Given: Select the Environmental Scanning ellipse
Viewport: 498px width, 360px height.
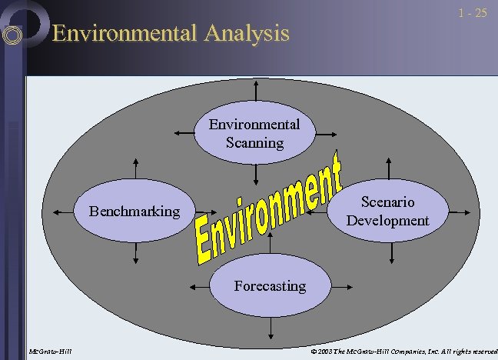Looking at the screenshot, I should pos(254,133).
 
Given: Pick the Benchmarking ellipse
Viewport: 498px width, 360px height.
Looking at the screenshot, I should pos(134,211).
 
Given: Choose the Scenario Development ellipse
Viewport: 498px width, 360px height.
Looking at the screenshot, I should pos(387,211).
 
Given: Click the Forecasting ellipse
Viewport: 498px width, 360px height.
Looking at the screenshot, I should pos(270,286).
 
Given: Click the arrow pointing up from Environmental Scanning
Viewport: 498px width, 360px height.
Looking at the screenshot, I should pos(254,92).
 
